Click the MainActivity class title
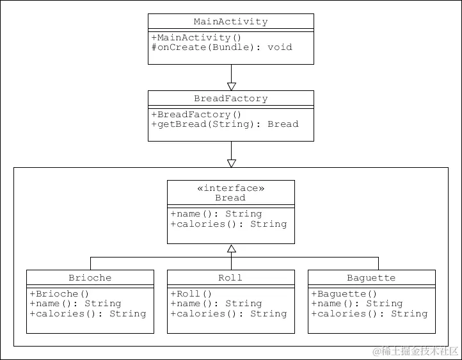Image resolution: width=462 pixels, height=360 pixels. tap(230, 22)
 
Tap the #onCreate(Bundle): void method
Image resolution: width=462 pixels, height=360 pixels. tap(221, 47)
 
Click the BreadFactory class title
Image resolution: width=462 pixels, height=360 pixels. tap(230, 99)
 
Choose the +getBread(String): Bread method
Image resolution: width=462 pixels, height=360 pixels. tap(225, 124)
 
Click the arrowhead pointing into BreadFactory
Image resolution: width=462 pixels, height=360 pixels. tap(231, 86)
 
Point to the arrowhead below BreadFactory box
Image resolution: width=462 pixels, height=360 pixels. tap(231, 163)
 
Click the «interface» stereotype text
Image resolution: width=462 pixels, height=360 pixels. tap(230, 188)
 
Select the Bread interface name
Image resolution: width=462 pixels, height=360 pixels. tap(230, 198)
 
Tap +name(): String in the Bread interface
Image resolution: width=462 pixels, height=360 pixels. tap(216, 213)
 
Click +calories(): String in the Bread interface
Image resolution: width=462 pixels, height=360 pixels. tap(228, 224)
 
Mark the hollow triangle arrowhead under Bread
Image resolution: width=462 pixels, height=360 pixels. tap(231, 249)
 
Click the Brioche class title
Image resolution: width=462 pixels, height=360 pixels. tap(90, 278)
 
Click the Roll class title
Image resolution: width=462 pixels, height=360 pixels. tap(230, 278)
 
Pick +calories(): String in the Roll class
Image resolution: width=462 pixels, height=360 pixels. tap(228, 313)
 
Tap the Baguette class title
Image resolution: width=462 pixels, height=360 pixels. tap(371, 278)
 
